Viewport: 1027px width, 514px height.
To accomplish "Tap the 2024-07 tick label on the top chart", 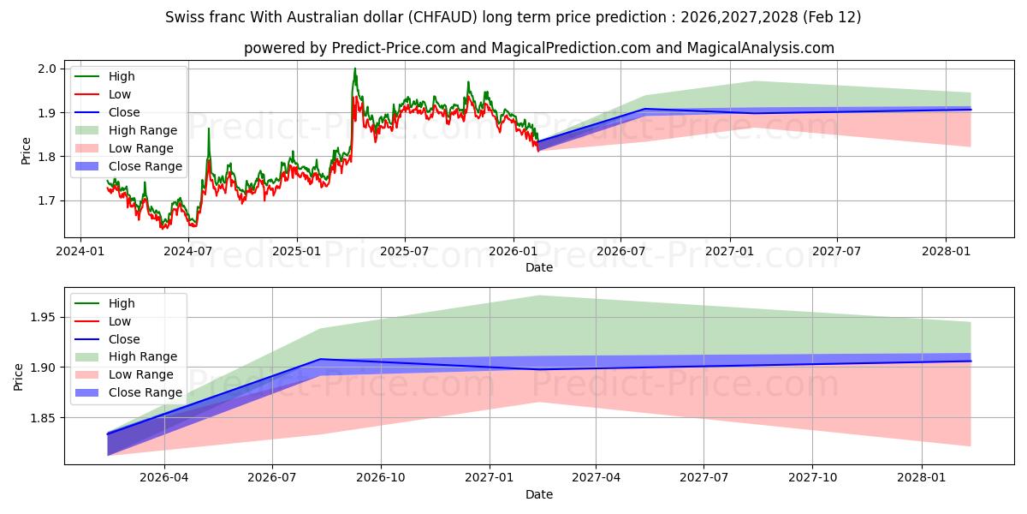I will click(188, 251).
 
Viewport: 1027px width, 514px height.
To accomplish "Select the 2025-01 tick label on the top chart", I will click(297, 251).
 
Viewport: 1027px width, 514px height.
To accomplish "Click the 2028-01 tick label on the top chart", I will click(946, 251).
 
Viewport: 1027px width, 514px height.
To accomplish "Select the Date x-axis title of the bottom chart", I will click(539, 494).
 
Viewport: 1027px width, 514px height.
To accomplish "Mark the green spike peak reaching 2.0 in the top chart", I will click(355, 69).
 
